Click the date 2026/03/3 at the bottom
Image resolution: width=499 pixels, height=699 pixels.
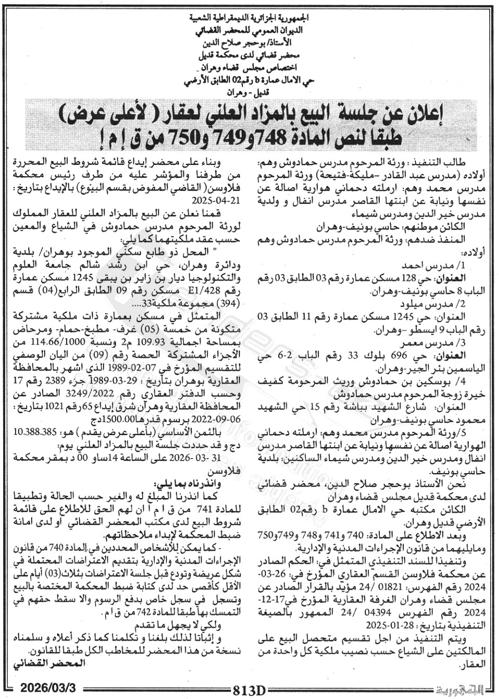pos(48,688)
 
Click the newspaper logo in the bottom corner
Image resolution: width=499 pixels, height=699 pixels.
pos(460,691)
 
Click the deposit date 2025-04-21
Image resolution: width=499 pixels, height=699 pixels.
pos(217,200)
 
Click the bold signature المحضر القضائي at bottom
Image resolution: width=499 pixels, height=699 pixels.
pos(48,663)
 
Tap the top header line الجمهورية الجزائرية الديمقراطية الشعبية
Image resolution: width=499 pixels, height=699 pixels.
pos(249,18)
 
